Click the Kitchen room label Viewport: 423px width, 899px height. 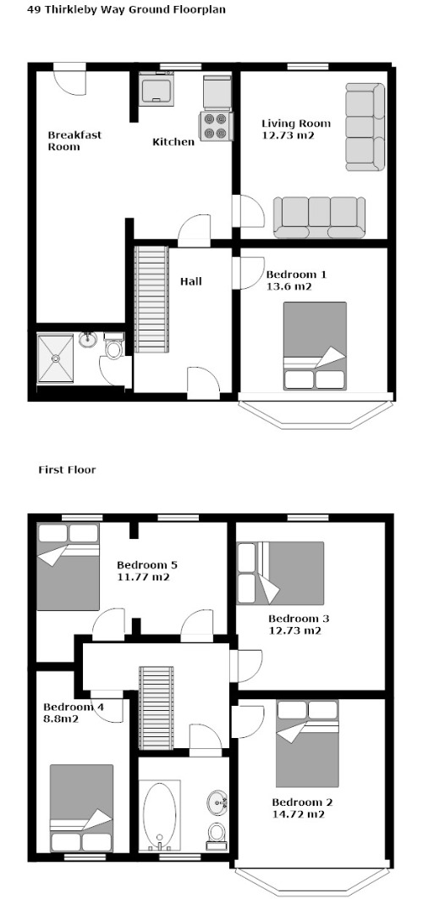(x=173, y=142)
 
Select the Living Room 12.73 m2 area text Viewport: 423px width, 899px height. (x=296, y=129)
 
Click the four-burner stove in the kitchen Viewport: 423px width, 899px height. (x=216, y=126)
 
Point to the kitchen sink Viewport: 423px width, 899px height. (x=157, y=88)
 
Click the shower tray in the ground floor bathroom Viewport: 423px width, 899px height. (x=56, y=358)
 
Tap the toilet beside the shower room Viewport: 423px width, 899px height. (x=114, y=346)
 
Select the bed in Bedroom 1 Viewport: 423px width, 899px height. (x=315, y=346)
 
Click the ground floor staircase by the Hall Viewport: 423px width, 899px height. (x=151, y=300)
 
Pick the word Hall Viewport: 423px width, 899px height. (x=190, y=281)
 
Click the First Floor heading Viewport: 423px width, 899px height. (x=67, y=470)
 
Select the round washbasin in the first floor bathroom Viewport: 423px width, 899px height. (x=217, y=802)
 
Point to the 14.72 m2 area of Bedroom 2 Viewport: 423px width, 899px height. (x=299, y=813)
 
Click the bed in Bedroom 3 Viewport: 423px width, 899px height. (x=281, y=573)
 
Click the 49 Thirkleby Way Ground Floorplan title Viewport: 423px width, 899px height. (x=127, y=10)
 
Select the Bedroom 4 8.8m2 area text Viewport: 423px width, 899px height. (x=74, y=712)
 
